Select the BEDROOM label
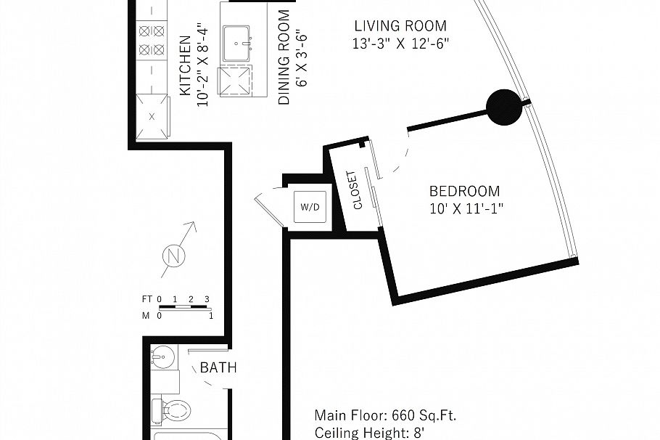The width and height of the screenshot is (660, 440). [464, 192]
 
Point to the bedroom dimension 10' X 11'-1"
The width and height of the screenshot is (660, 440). [466, 209]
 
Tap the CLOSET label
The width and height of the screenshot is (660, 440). [355, 190]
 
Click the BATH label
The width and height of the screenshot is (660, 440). [218, 368]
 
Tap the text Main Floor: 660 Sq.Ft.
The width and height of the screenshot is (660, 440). [385, 416]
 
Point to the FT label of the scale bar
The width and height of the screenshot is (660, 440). [147, 299]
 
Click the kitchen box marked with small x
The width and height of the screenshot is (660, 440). [152, 116]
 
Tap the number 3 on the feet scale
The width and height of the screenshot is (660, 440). [207, 299]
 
